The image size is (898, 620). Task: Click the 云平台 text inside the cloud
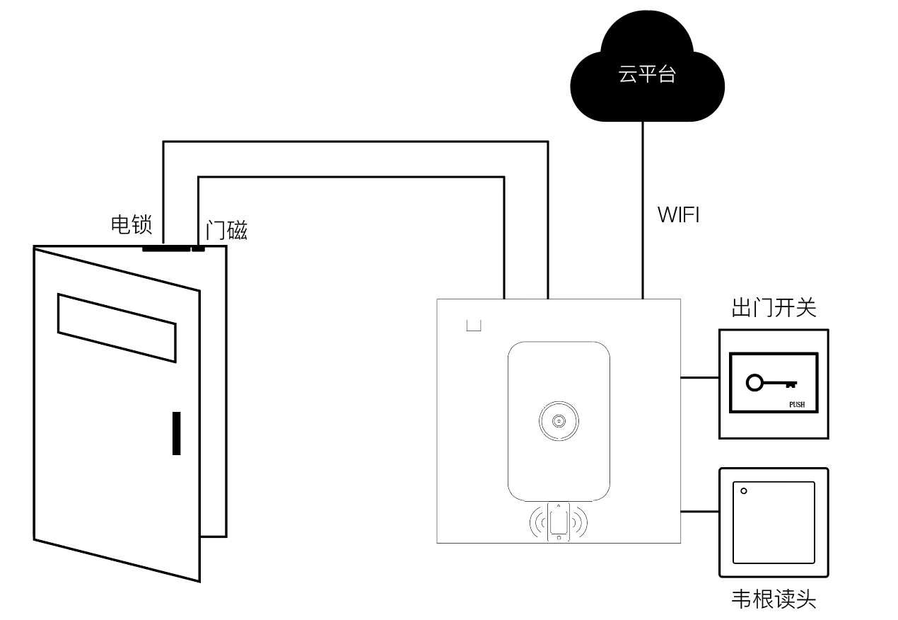647,74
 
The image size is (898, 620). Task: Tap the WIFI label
678,215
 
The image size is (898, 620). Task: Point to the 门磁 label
226,230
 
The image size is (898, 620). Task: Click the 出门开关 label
774,308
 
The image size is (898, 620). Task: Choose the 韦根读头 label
774,599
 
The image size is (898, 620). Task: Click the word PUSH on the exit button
797,405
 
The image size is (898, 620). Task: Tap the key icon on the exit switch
771,383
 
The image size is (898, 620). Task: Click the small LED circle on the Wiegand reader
744,490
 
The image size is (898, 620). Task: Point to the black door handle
176,433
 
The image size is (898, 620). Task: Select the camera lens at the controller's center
559,421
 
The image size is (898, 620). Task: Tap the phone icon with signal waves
559,522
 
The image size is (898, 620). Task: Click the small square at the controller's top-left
474,326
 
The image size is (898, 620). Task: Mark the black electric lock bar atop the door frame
166,249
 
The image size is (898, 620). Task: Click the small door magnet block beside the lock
198,249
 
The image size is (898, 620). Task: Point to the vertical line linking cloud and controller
643,210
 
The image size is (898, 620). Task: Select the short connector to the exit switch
699,378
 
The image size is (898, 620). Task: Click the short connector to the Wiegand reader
699,512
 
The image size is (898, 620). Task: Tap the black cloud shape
647,96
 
